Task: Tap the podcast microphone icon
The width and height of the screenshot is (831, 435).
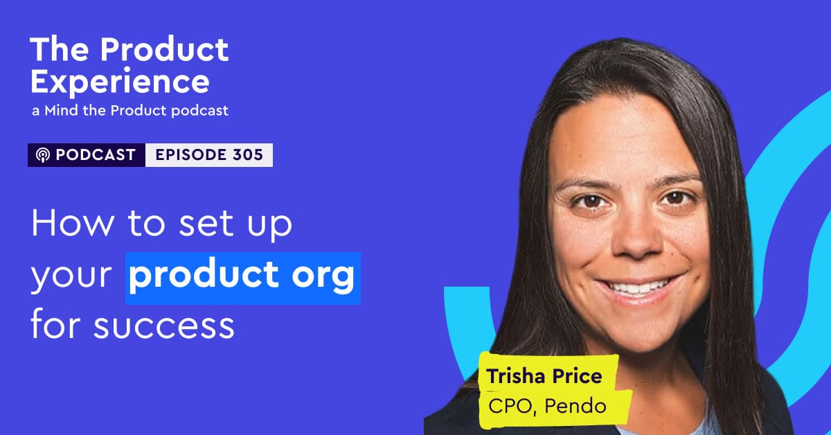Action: pyautogui.click(x=43, y=154)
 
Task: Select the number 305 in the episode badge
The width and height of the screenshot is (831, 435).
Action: pyautogui.click(x=248, y=154)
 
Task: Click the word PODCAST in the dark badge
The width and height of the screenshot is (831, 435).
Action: pyautogui.click(x=96, y=154)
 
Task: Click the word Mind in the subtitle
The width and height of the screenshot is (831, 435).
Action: pyautogui.click(x=61, y=111)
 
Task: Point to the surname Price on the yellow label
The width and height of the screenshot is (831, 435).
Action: pyautogui.click(x=578, y=376)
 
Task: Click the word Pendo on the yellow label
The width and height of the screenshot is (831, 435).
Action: pyautogui.click(x=575, y=406)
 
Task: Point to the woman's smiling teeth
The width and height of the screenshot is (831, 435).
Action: pyautogui.click(x=636, y=287)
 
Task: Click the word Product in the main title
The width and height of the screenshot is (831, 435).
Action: pyautogui.click(x=164, y=49)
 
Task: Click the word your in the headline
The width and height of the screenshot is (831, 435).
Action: pyautogui.click(x=71, y=276)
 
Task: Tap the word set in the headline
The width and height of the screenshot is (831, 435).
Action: pyautogui.click(x=206, y=224)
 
